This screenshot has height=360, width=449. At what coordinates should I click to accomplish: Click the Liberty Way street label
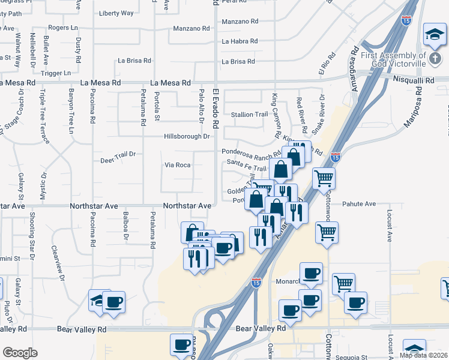tap(116, 13)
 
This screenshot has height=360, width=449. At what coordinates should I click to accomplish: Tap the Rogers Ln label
tap(63, 28)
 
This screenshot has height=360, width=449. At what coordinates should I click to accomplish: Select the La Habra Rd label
tap(240, 41)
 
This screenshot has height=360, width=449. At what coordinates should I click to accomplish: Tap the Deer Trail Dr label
tap(118, 154)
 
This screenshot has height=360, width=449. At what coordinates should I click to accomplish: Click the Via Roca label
tap(177, 164)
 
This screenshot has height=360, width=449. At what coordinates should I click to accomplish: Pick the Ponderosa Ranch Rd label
tap(252, 152)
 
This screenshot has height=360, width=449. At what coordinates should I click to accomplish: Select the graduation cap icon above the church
tap(433, 34)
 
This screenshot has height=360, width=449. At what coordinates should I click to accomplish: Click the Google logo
tap(20, 352)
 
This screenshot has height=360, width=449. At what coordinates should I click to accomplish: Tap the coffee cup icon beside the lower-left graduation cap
tap(113, 301)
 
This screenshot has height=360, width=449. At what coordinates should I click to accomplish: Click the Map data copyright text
tap(423, 355)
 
